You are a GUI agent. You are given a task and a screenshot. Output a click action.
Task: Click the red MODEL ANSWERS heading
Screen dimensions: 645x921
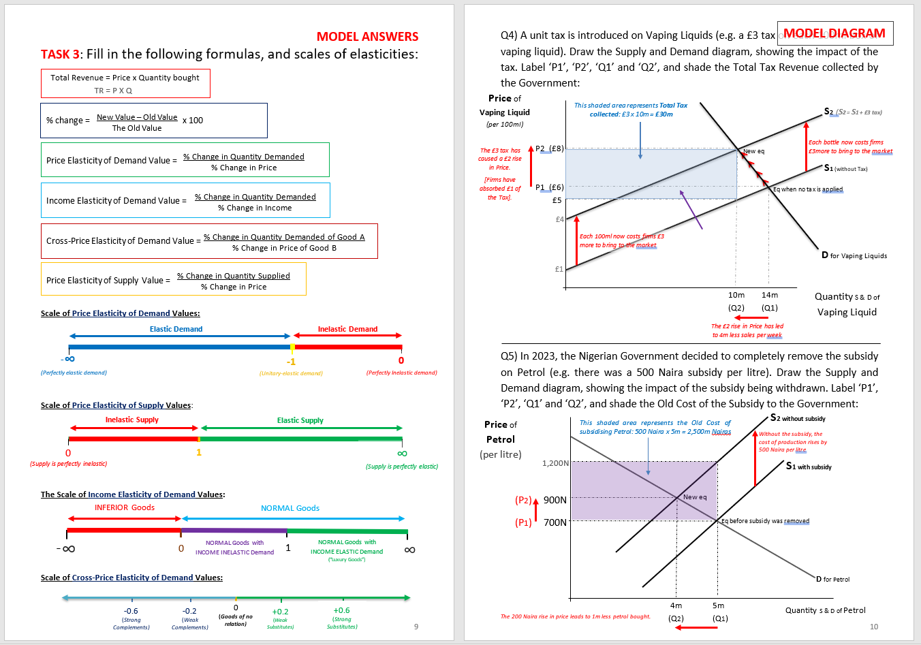click(x=367, y=37)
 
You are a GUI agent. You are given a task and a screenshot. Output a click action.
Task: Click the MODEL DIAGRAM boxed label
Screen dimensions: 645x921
click(x=834, y=33)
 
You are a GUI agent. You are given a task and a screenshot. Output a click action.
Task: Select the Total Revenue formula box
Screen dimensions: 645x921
click(x=125, y=83)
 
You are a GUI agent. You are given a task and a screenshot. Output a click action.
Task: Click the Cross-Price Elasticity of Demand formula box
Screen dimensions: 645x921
click(x=209, y=241)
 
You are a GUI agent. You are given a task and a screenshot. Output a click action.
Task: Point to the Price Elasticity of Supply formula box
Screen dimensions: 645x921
click(x=173, y=279)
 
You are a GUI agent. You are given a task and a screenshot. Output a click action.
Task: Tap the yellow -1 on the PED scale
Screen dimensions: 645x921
click(x=291, y=362)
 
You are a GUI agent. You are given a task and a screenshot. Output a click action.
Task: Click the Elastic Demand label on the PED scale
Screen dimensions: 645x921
click(x=176, y=329)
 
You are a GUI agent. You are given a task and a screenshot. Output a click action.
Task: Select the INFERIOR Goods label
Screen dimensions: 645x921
click(x=125, y=507)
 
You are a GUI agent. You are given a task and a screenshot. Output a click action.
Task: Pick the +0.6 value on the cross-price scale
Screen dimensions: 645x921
click(x=341, y=610)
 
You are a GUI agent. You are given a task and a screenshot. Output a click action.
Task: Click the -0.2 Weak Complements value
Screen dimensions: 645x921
click(x=189, y=611)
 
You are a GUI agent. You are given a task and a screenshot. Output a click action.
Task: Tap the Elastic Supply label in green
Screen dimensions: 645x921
click(x=300, y=420)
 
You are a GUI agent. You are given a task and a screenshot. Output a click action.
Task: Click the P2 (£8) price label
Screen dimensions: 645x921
click(x=549, y=148)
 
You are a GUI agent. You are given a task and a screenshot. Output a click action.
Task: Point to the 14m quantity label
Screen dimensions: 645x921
click(x=770, y=295)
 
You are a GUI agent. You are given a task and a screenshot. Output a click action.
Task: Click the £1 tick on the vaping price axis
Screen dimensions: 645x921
click(x=559, y=269)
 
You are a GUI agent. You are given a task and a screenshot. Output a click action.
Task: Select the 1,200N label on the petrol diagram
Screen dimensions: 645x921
click(x=555, y=463)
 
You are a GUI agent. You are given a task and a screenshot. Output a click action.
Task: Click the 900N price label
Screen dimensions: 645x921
click(x=555, y=500)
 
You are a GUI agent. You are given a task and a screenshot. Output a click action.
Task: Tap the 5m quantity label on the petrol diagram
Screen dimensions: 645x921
click(x=719, y=605)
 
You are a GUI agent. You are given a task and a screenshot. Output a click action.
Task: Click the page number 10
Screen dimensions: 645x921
click(x=874, y=627)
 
